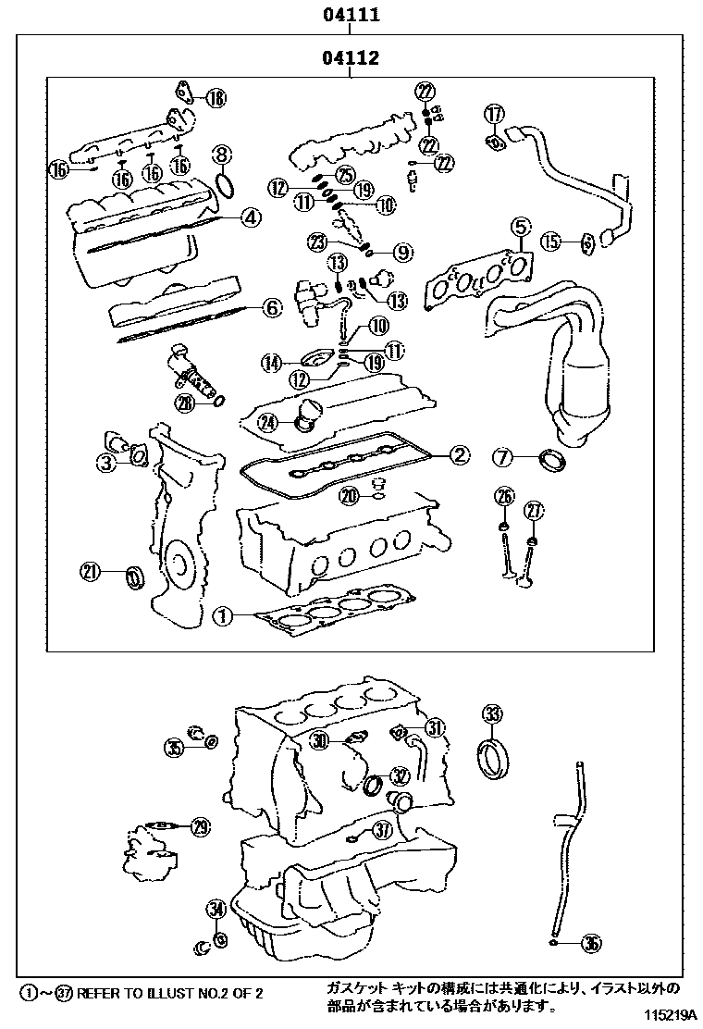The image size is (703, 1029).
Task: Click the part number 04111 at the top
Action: click(351, 16)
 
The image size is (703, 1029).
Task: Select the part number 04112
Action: click(351, 58)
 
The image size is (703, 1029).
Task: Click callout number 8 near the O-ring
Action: click(221, 154)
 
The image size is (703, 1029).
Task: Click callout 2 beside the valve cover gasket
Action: click(460, 453)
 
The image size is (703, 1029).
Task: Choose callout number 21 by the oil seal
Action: click(90, 572)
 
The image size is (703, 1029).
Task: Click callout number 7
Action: click(502, 456)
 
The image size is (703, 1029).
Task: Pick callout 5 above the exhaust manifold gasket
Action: click(520, 226)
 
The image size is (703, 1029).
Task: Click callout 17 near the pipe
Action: click(495, 114)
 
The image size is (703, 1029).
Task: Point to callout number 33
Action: click(492, 713)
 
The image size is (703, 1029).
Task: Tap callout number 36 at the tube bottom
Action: click(591, 944)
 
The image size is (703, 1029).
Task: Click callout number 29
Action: click(200, 826)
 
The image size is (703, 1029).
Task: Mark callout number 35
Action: click(175, 748)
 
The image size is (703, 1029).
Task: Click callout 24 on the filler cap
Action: click(268, 422)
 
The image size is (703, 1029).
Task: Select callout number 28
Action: click(186, 402)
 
